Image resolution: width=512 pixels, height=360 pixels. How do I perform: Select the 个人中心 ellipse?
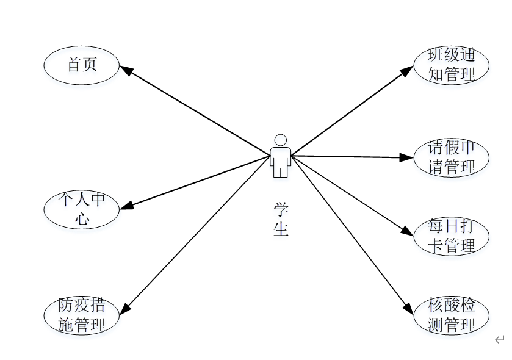click(x=82, y=210)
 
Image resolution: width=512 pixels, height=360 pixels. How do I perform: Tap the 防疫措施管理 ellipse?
click(x=82, y=315)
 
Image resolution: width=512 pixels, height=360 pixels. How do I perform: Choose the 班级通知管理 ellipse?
click(x=452, y=65)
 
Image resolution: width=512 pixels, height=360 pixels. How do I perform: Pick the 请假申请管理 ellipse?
click(x=452, y=157)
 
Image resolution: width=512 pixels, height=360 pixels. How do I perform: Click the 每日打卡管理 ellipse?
click(x=452, y=237)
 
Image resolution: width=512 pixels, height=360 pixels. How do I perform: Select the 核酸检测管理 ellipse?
click(x=452, y=315)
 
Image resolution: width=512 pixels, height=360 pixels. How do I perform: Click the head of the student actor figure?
click(x=280, y=140)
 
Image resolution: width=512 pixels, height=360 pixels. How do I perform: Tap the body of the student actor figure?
click(x=280, y=160)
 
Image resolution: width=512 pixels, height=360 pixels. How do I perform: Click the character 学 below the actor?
click(x=281, y=210)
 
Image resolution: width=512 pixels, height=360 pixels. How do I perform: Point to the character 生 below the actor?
click(x=281, y=230)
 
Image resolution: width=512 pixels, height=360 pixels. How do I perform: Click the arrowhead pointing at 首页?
click(x=126, y=70)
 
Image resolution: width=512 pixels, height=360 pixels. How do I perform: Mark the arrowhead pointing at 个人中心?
click(x=126, y=206)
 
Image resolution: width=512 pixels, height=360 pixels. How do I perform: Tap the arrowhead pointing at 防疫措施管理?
click(x=124, y=309)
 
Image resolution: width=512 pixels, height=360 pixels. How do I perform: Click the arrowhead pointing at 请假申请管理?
click(x=408, y=157)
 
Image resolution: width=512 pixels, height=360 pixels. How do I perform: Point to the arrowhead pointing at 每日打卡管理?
click(x=408, y=232)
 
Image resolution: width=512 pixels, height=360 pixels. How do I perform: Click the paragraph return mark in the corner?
click(x=500, y=340)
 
